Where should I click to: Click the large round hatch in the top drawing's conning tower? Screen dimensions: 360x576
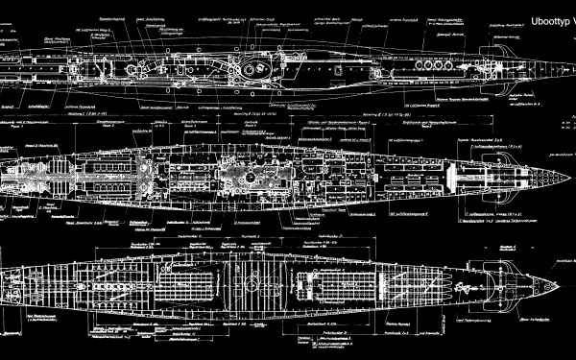252,68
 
